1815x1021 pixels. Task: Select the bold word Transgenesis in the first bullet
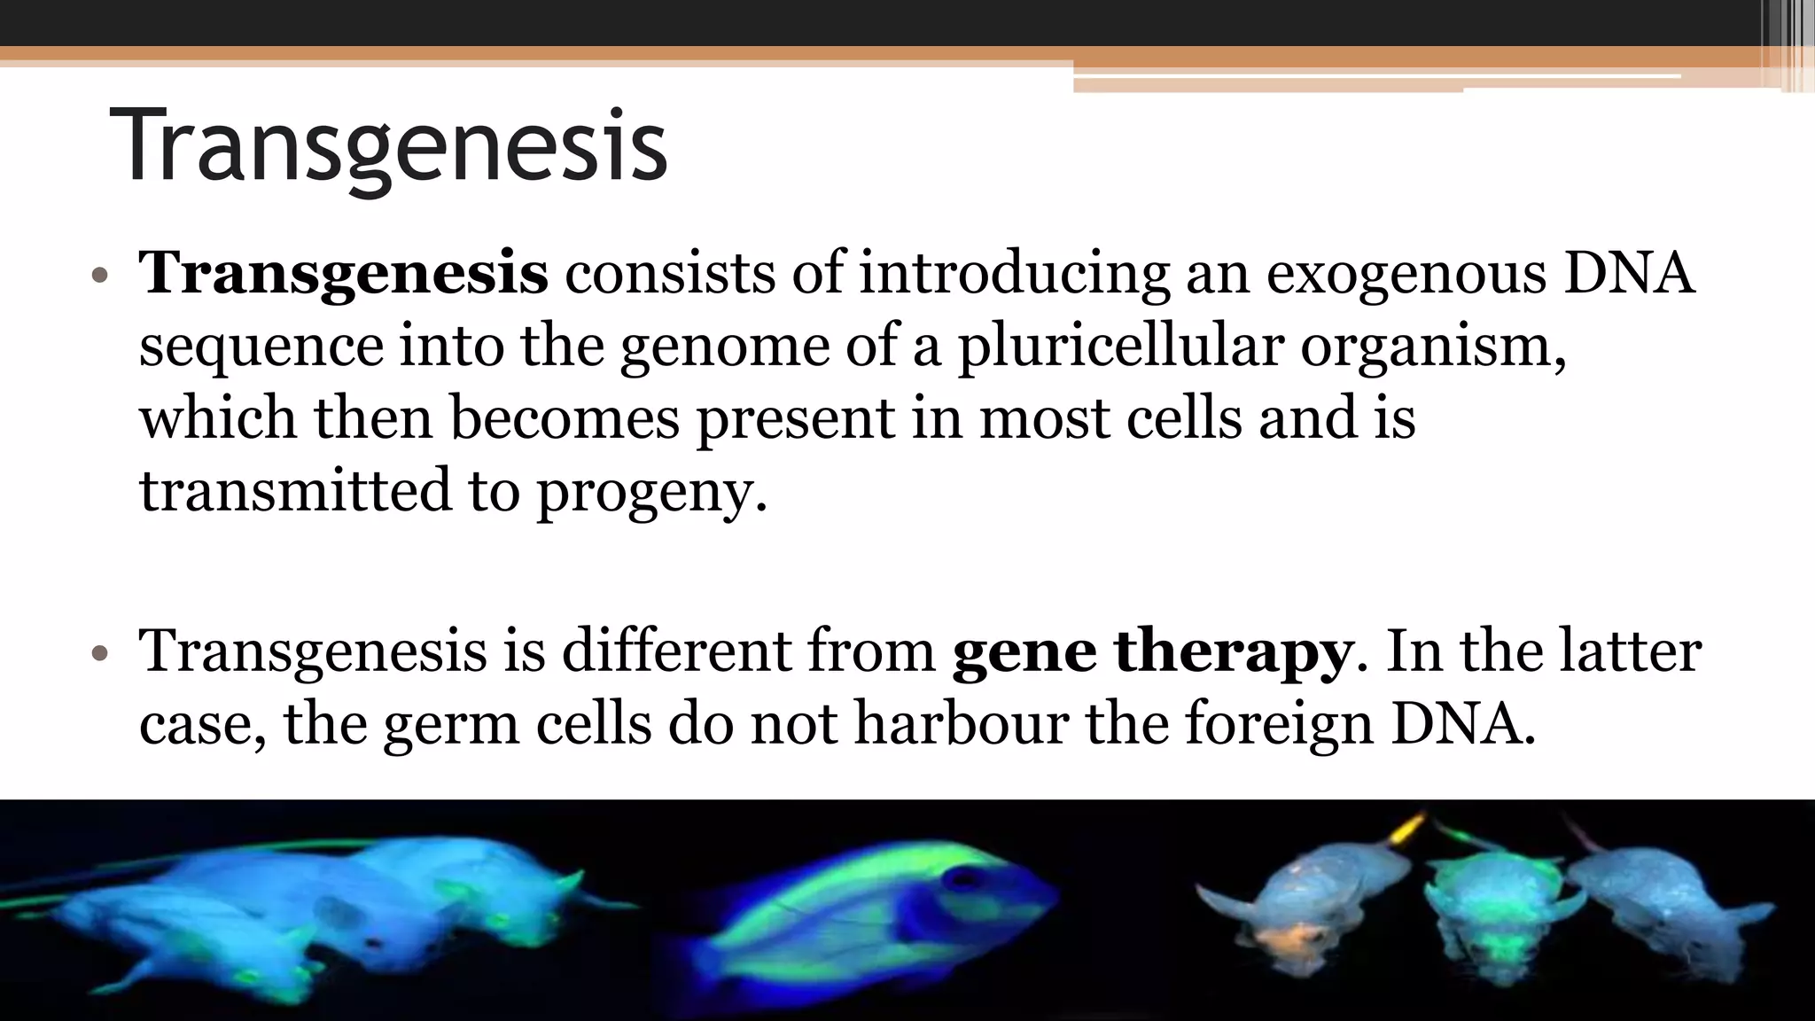pyautogui.click(x=344, y=272)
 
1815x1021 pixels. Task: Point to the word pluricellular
pyautogui.click(x=1119, y=345)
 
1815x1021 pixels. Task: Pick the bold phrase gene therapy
pyautogui.click(x=1152, y=651)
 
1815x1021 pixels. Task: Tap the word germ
pyautogui.click(x=450, y=724)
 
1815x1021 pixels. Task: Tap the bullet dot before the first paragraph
pyautogui.click(x=100, y=275)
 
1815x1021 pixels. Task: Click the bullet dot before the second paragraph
pyautogui.click(x=100, y=654)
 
